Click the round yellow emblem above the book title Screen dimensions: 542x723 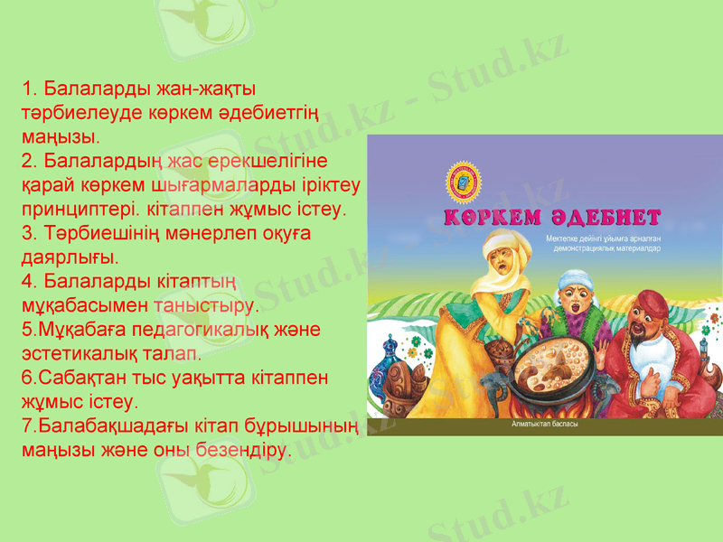[x=466, y=182]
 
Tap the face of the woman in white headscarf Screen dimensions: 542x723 [x=500, y=266]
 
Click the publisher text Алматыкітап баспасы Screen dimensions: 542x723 [x=545, y=424]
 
